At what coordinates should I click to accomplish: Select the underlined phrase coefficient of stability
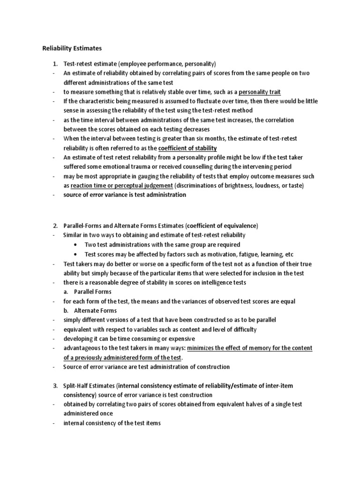pos(188,148)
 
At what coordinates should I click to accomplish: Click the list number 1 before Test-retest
pos(54,64)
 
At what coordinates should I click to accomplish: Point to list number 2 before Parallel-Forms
pos(54,225)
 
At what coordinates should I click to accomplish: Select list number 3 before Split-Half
pos(54,385)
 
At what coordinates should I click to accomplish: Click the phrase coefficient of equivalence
pos(220,225)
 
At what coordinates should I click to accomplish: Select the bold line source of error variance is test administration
pos(125,195)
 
